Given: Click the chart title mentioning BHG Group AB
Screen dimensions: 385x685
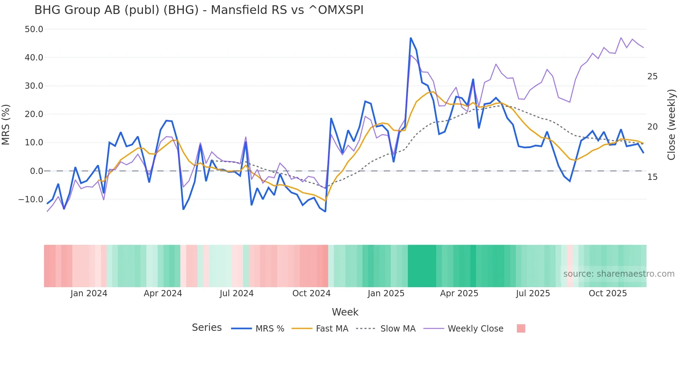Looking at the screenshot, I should [199, 10].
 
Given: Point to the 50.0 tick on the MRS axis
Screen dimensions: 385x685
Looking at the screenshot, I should [34, 29].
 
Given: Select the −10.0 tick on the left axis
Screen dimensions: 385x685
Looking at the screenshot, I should [31, 199].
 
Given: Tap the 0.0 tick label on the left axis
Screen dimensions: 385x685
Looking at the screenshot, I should [36, 171].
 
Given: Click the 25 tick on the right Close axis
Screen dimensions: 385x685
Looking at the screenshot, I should [652, 77].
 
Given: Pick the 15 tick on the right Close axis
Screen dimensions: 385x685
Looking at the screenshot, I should [652, 177].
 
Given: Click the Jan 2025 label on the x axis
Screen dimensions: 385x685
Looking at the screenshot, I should [386, 293].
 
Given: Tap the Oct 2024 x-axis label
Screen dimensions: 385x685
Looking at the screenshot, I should [311, 293].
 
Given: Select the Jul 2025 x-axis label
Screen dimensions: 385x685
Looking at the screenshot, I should [533, 293].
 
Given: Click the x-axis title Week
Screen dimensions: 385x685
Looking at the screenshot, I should [345, 312].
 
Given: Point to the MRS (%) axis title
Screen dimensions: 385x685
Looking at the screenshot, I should [6, 125].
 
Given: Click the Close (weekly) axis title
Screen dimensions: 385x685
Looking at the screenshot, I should [671, 125].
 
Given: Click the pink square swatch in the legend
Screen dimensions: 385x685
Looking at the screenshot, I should [521, 328].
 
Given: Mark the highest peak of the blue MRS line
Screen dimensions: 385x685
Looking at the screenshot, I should [411, 38].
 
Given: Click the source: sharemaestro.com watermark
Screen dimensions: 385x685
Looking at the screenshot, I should [619, 274].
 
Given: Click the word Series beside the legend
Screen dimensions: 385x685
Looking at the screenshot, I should [207, 328].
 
